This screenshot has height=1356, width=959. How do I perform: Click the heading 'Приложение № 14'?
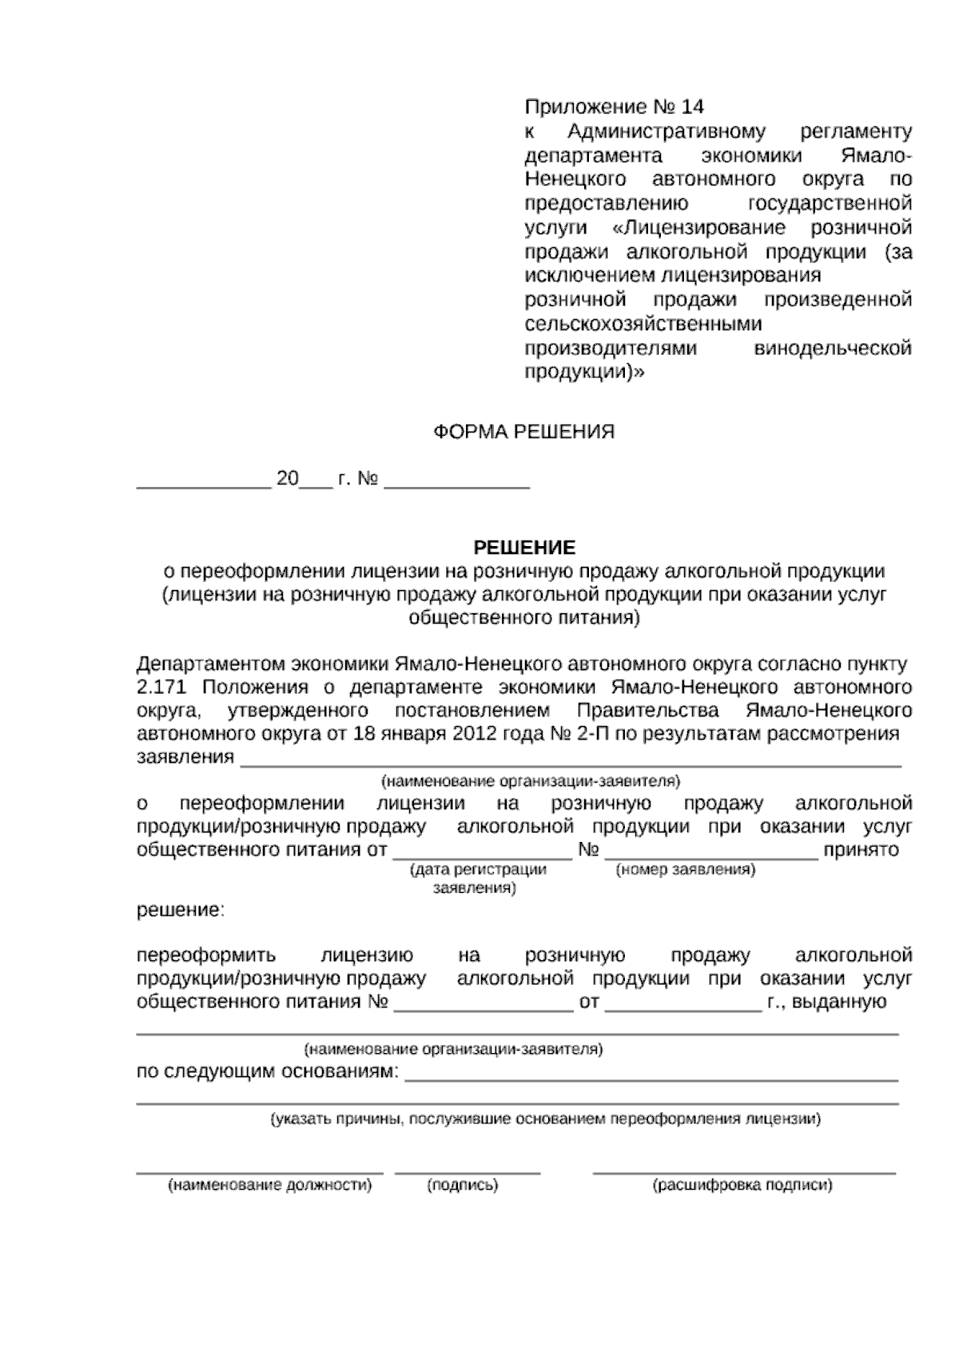614,107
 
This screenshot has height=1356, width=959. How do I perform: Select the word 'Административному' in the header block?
667,131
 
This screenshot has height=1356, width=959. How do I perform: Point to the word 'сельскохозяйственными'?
643,324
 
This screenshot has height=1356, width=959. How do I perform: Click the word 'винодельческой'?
833,349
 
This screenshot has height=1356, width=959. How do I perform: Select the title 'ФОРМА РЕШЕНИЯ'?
523,433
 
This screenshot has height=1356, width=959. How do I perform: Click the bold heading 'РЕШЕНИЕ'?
524,548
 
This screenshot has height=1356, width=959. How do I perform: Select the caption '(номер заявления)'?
685,870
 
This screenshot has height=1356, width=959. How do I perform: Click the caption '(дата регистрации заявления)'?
477,879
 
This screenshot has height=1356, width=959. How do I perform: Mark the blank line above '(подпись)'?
468,1172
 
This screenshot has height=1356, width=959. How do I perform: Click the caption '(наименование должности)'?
269,1186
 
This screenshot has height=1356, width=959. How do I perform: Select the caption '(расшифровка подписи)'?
742,1186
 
